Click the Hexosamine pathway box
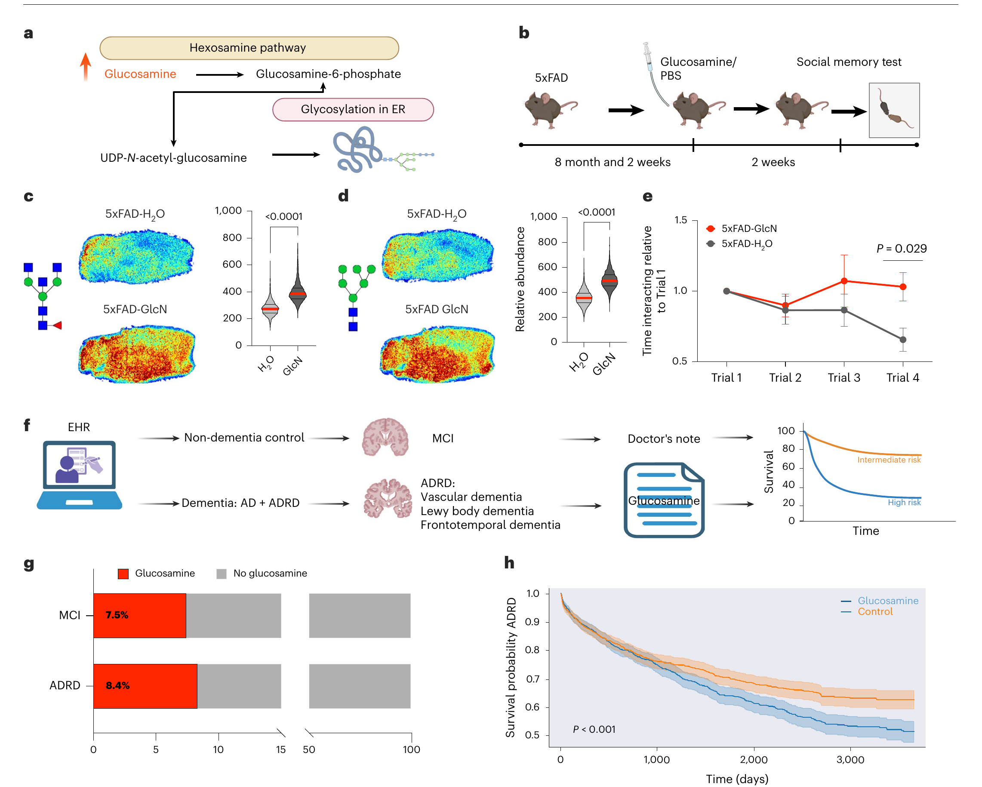tap(249, 48)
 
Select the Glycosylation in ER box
tap(353, 109)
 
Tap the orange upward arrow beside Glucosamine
tap(85, 67)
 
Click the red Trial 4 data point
tap(903, 287)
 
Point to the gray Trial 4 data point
tap(903, 339)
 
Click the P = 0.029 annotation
tap(902, 248)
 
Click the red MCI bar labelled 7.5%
tap(140, 615)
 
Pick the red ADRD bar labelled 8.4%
tap(145, 686)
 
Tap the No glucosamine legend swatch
tap(222, 573)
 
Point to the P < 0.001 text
tap(594, 729)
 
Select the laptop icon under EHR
tap(79, 475)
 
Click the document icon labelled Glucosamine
tap(664, 500)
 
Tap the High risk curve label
tap(904, 502)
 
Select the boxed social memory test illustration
tap(894, 110)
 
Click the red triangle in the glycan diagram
tap(57, 325)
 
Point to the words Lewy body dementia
tap(477, 511)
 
